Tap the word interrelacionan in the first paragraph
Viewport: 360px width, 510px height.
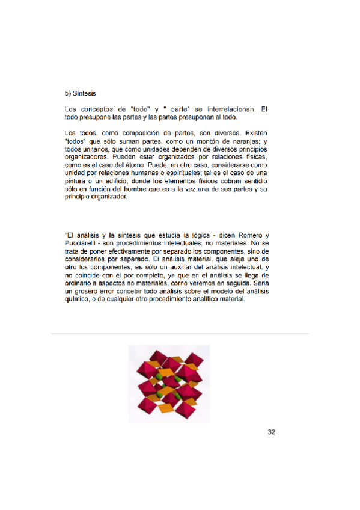pyautogui.click(x=228, y=109)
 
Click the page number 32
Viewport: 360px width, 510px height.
pyautogui.click(x=271, y=432)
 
